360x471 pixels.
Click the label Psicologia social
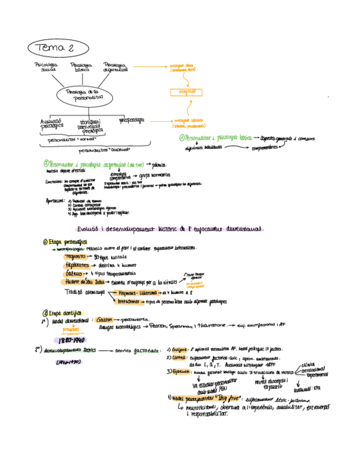pos(46,68)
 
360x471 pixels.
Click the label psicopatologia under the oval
pos(131,119)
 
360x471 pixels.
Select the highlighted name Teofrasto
pos(76,257)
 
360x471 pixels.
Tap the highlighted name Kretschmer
pos(131,301)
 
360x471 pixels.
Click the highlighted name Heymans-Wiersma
pos(137,292)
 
